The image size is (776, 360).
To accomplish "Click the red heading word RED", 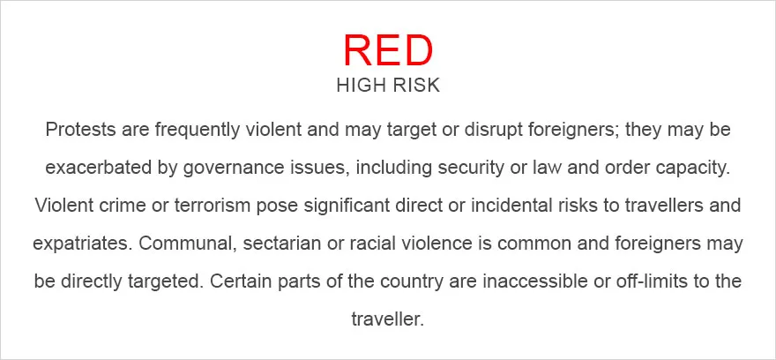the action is coord(388,50).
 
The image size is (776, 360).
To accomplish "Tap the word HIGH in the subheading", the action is coord(359,86).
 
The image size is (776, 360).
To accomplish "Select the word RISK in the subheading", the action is coord(414,86).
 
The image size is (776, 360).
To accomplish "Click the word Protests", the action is coord(75,130).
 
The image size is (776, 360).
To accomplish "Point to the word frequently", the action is coord(198,131).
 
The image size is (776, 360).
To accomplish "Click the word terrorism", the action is coord(213,206).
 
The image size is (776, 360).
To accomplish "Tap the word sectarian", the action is coord(282,244).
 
